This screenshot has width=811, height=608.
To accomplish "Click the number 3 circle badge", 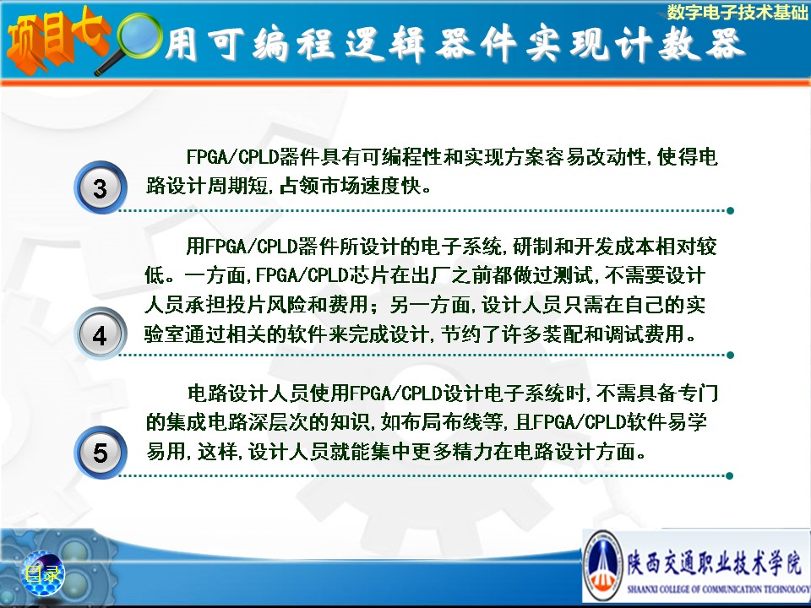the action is tap(101, 187).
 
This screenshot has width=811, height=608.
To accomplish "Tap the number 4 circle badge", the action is tap(101, 334).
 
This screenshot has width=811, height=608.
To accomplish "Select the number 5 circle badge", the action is tap(101, 452).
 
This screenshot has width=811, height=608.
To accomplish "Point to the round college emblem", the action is tap(602, 566).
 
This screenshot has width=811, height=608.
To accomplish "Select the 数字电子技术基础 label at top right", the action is tap(737, 12).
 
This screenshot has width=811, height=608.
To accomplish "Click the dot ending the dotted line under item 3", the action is tap(730, 210).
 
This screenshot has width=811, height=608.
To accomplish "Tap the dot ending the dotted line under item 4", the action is tap(730, 356).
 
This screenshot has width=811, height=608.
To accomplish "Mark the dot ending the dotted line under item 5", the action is tap(730, 475).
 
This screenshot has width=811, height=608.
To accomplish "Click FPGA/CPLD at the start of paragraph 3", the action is tap(232, 156).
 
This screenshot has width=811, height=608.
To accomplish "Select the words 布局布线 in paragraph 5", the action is tap(442, 422).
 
